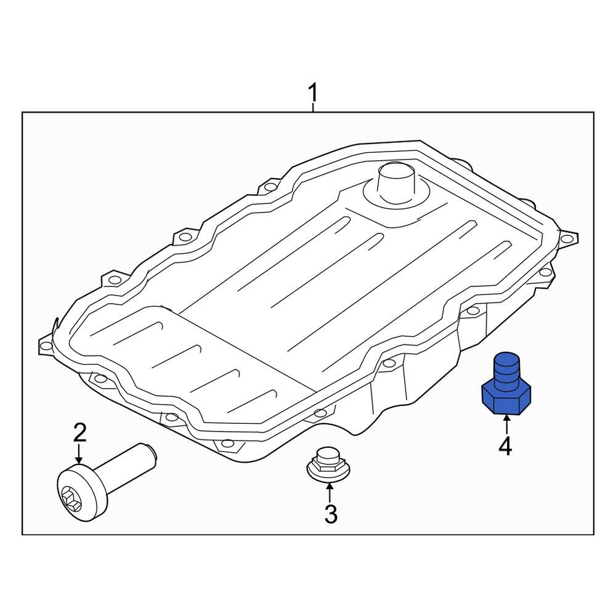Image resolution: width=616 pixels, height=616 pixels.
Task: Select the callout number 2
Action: [x=80, y=433]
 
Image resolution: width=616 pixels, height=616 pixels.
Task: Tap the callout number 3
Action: [x=331, y=513]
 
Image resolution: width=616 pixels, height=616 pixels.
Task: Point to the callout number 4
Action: [x=505, y=445]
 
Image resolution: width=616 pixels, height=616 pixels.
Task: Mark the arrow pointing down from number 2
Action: [x=79, y=456]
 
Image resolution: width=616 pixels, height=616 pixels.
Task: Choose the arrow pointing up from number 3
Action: [x=330, y=492]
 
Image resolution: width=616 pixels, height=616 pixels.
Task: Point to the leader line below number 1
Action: [x=313, y=108]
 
